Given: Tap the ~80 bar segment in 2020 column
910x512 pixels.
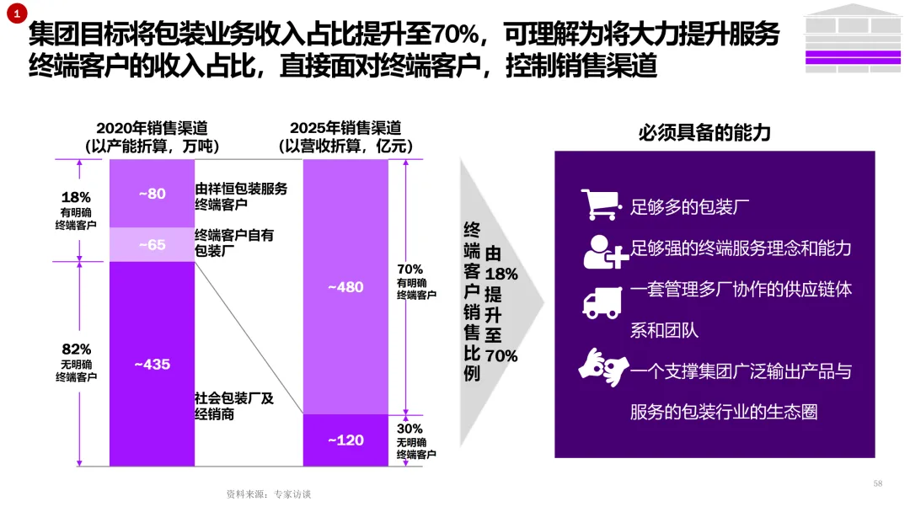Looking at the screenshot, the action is pyautogui.click(x=152, y=194).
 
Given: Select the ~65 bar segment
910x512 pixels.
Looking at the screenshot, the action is pyautogui.click(x=152, y=245).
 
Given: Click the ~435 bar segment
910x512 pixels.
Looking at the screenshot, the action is pyautogui.click(x=152, y=364).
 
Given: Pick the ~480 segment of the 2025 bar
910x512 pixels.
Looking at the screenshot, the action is pyautogui.click(x=345, y=287).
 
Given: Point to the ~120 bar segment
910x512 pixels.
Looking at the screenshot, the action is pyautogui.click(x=345, y=440).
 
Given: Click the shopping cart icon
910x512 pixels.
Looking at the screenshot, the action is pyautogui.click(x=600, y=204).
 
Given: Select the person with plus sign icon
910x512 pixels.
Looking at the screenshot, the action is pyautogui.click(x=603, y=249).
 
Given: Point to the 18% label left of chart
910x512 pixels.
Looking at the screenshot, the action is pyautogui.click(x=77, y=197).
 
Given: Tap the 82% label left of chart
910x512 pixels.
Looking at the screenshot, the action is pyautogui.click(x=77, y=349).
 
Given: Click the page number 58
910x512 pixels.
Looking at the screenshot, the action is pyautogui.click(x=878, y=483).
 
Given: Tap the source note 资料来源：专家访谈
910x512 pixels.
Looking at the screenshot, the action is pyautogui.click(x=269, y=494).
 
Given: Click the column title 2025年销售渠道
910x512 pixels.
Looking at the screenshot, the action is pyautogui.click(x=345, y=128).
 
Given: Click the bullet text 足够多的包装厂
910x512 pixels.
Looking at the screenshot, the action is pyautogui.click(x=690, y=206).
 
